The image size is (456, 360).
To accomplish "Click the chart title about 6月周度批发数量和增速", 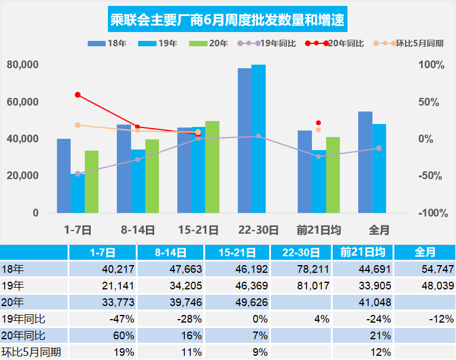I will pos(228,21).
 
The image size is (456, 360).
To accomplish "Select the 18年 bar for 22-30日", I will pos(244,141).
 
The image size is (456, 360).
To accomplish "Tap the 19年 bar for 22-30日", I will pos(259,139).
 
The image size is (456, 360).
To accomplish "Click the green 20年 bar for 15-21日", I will pos(212,167).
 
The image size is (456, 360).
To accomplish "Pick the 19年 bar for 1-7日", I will pos(78,193).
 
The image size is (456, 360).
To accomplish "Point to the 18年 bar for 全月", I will pos(365,162).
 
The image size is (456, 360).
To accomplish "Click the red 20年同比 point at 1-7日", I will pos(78,95).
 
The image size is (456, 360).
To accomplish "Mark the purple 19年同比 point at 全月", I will pos(379,148).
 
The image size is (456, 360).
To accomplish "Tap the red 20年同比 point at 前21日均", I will pos(318,123).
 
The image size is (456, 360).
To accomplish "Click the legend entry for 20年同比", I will pos(335,44).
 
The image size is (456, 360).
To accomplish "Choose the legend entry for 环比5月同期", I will pos(409,44).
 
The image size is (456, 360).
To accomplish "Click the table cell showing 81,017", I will pos(300,285).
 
